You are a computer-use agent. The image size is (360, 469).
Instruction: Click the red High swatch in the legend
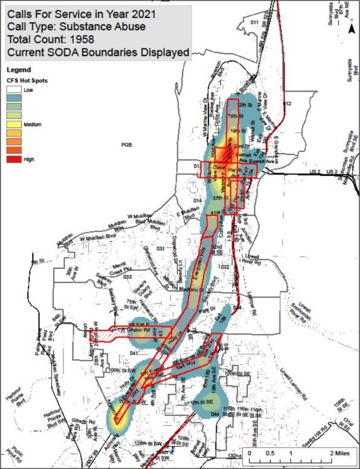click(x=14, y=159)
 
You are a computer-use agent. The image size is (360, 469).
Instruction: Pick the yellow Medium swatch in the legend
click(x=14, y=124)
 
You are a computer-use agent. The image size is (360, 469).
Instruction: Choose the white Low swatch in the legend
click(x=14, y=90)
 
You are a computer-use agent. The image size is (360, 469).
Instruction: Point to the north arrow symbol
click(x=352, y=29)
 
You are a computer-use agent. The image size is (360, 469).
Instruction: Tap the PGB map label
click(x=126, y=145)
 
